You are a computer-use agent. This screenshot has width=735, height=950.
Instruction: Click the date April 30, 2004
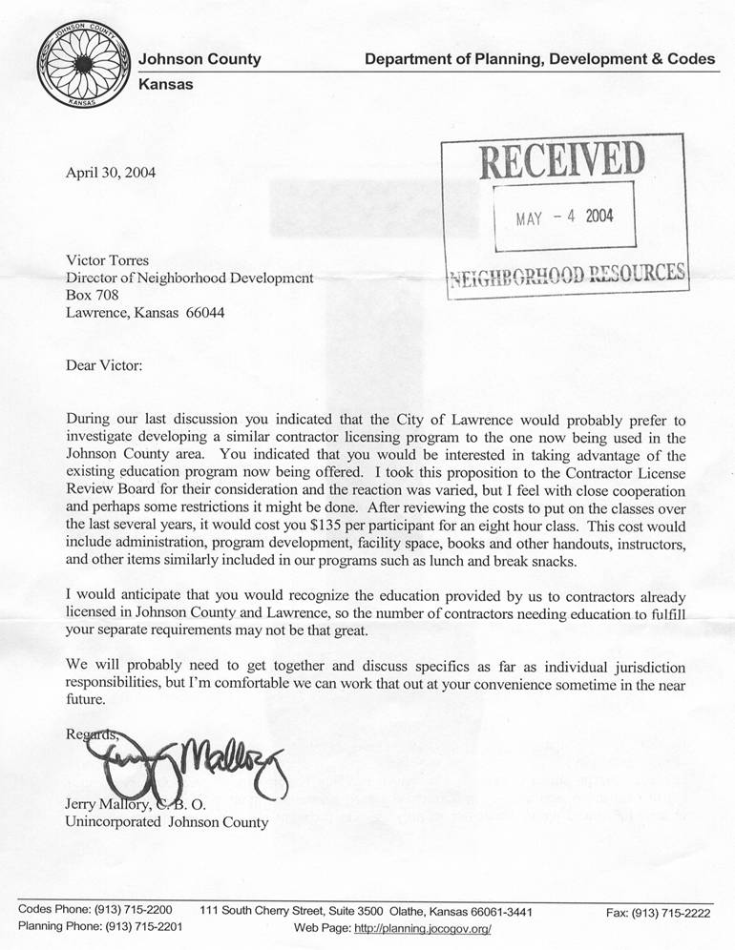(x=110, y=174)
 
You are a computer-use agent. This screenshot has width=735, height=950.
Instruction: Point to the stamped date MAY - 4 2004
(x=564, y=216)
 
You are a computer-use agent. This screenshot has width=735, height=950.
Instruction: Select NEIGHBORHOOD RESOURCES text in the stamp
(x=567, y=277)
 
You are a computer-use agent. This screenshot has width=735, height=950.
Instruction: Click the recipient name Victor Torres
(x=107, y=259)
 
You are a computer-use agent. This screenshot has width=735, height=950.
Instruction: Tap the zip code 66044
(x=204, y=313)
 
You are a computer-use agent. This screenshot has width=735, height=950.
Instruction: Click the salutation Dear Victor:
(x=102, y=365)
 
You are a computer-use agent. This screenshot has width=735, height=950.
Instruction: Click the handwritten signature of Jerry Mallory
(x=181, y=759)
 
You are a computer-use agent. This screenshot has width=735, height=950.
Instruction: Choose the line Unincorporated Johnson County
(x=166, y=820)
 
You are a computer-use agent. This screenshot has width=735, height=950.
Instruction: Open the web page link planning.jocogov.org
(x=422, y=928)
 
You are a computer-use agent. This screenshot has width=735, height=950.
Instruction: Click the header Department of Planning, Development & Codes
(x=539, y=59)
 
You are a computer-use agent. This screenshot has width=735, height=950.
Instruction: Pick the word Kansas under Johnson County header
(x=166, y=84)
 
